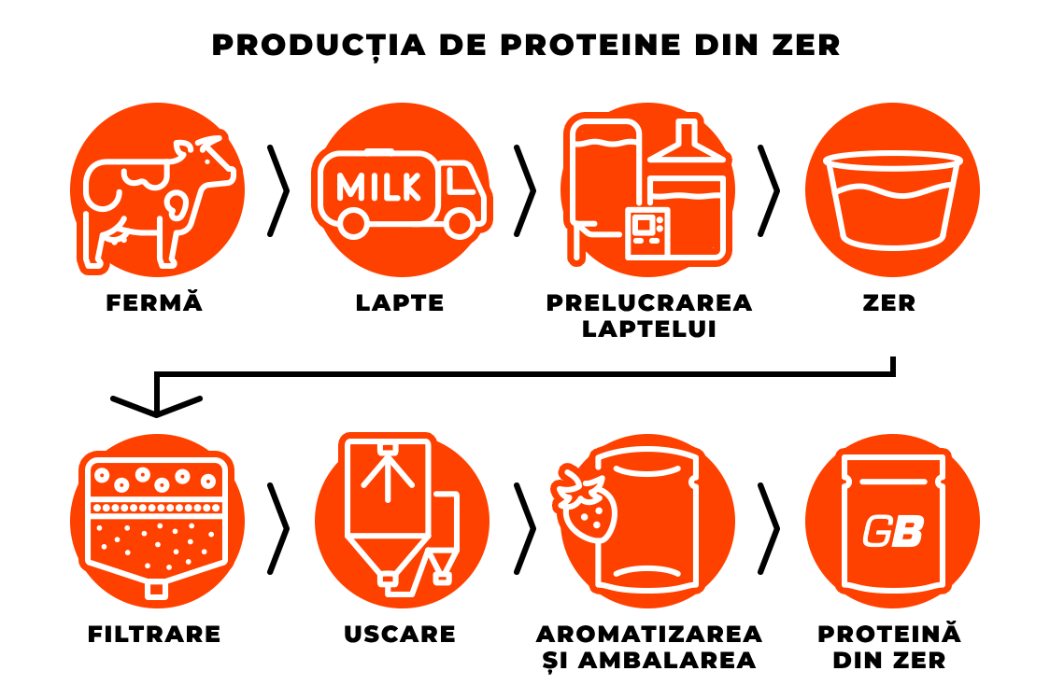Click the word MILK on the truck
379,187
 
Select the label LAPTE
400,302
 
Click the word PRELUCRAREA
649,302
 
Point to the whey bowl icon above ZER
893,201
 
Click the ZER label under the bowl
889,302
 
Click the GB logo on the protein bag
893,531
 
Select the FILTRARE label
154,634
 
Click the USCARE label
400,634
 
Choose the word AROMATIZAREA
649,634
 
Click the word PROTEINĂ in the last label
889,633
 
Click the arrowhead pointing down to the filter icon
156,406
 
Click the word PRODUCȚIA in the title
319,46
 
